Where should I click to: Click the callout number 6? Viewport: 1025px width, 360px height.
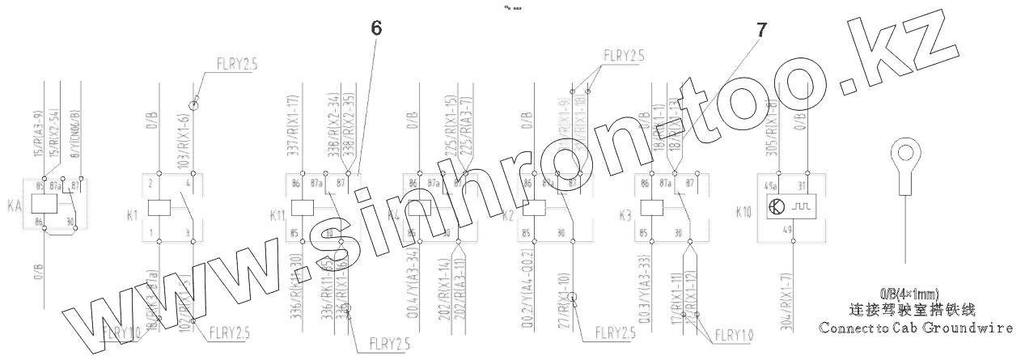coord(376,28)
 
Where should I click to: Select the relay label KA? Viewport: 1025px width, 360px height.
coord(14,207)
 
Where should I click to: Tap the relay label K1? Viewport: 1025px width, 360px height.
coord(133,215)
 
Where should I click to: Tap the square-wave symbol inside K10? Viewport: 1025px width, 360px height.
coord(801,206)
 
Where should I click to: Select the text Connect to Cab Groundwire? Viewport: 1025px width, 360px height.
coord(916,328)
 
